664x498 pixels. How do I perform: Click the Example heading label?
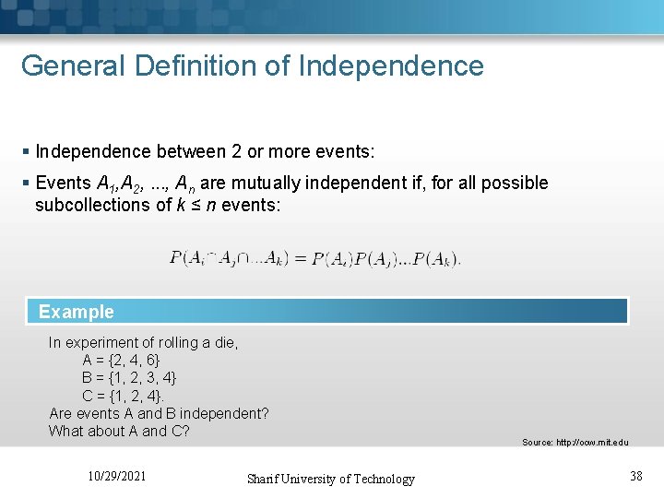[x=77, y=312]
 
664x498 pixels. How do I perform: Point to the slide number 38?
[x=635, y=476]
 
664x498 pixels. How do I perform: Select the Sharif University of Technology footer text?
[x=330, y=479]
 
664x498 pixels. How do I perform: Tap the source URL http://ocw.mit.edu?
[x=575, y=443]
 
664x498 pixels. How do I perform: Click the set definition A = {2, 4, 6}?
[x=121, y=360]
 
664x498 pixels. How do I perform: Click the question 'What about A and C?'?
[x=119, y=431]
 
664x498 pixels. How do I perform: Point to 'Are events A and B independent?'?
[x=159, y=413]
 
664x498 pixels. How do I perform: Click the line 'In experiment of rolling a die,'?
[x=143, y=342]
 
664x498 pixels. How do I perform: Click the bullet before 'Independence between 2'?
[x=27, y=151]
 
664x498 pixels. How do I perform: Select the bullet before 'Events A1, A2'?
[x=27, y=184]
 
